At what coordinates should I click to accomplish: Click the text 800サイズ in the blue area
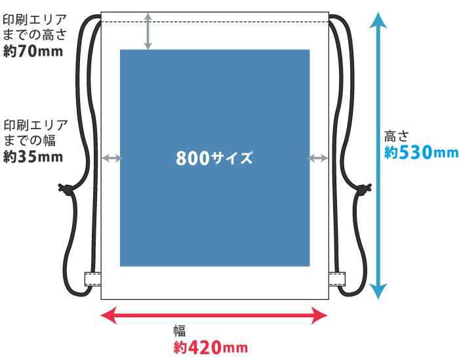[x=214, y=158]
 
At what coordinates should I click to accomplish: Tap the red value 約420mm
[x=210, y=348]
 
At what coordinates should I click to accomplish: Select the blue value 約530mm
[x=420, y=153]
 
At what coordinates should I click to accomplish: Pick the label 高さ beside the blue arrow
[x=397, y=136]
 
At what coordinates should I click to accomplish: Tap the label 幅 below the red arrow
[x=180, y=330]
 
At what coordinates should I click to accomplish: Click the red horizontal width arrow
[x=214, y=317]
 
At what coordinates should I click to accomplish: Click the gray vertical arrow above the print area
[x=148, y=31]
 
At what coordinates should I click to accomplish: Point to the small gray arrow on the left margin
[x=111, y=158]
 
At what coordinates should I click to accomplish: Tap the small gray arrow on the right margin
[x=318, y=158]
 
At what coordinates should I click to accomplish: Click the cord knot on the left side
[x=68, y=190]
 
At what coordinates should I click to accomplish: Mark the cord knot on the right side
[x=361, y=190]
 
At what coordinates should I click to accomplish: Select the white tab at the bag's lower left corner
[x=92, y=279]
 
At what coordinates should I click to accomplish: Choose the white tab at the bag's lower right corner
[x=336, y=279]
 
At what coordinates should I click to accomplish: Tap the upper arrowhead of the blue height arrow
[x=378, y=20]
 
